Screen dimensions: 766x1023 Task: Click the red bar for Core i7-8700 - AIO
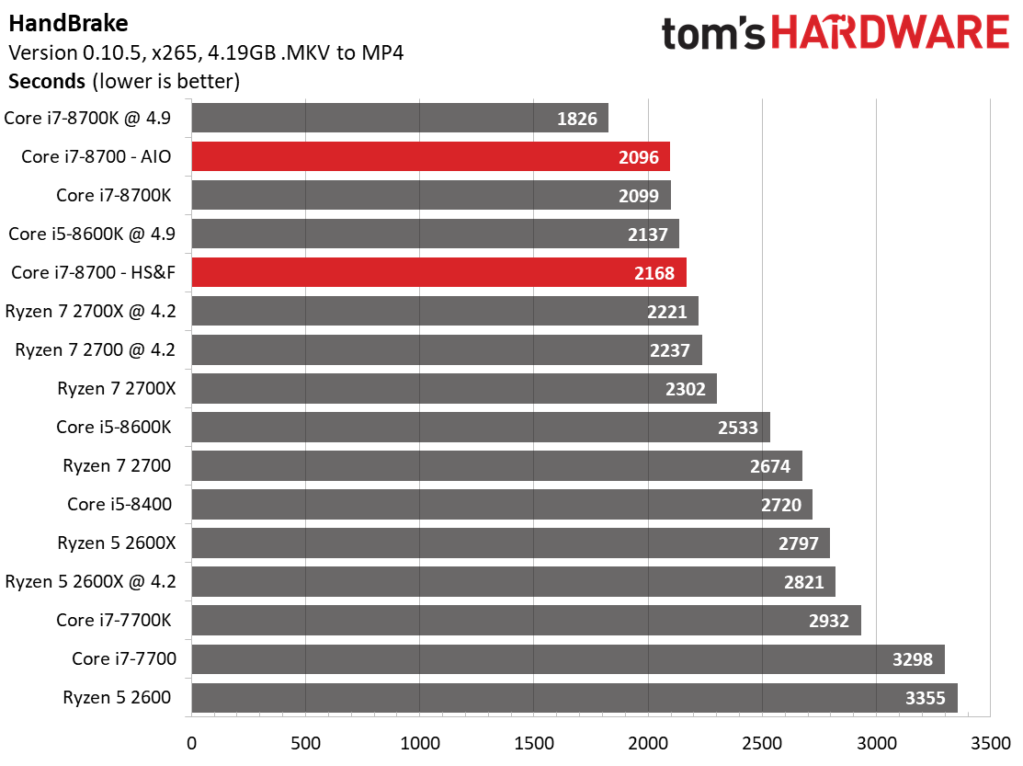(430, 157)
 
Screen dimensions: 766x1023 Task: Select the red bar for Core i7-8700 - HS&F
(438, 273)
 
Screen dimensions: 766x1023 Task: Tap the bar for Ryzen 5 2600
(574, 698)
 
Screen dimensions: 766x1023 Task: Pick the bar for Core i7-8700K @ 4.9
(400, 119)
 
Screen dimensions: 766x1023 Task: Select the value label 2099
(641, 196)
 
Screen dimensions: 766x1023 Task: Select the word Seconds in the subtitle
(47, 81)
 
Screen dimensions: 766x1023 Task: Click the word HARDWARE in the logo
(891, 34)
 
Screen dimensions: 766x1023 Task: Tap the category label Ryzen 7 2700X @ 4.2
(91, 312)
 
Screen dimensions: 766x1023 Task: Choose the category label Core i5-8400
(119, 505)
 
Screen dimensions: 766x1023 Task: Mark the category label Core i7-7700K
(113, 621)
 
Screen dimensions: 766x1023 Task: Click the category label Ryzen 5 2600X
(116, 543)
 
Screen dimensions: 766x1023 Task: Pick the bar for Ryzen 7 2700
(496, 466)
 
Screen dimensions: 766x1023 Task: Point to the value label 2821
(805, 582)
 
